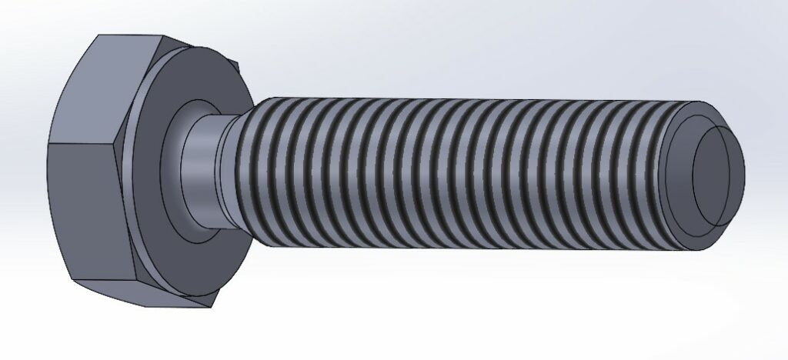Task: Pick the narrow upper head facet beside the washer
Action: [139, 77]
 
